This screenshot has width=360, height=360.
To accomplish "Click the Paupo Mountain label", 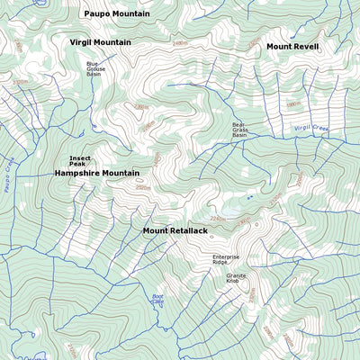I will (x=117, y=14).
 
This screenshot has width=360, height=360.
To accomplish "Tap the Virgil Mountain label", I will (x=100, y=42).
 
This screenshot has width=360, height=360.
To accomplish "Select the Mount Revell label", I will (x=292, y=46).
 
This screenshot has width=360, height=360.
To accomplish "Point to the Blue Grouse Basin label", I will (x=94, y=69).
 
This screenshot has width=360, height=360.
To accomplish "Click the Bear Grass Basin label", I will (x=239, y=130).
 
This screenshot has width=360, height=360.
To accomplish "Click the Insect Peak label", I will (x=80, y=161).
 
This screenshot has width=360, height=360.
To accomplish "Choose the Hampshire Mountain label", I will (x=96, y=173).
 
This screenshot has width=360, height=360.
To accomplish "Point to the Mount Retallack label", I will (x=175, y=231).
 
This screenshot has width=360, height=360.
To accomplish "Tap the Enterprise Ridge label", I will (x=226, y=259).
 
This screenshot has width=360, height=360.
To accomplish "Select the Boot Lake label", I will (x=158, y=300).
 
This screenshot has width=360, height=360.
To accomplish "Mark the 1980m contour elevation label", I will (x=292, y=103).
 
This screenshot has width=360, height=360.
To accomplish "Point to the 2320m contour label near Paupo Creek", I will (x=20, y=82).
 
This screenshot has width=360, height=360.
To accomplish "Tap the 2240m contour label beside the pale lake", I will (x=217, y=218).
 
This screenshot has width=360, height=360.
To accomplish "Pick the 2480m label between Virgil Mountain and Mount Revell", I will (x=180, y=43).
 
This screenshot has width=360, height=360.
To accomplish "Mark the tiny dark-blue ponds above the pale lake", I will (x=248, y=196).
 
